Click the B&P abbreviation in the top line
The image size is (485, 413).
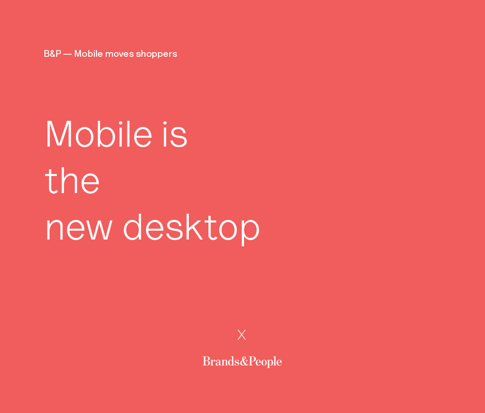(x=52, y=54)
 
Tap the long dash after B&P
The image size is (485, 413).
(x=68, y=54)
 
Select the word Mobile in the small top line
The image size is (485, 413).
(x=88, y=54)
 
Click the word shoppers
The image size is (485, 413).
(x=156, y=54)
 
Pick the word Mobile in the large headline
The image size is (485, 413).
(x=99, y=134)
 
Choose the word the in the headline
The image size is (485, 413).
(x=72, y=180)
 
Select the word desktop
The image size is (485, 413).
(x=191, y=228)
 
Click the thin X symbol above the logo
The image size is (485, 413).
(x=241, y=335)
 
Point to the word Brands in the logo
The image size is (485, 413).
(x=221, y=361)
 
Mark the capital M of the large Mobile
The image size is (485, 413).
(x=59, y=134)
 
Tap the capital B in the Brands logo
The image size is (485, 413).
(x=206, y=361)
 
